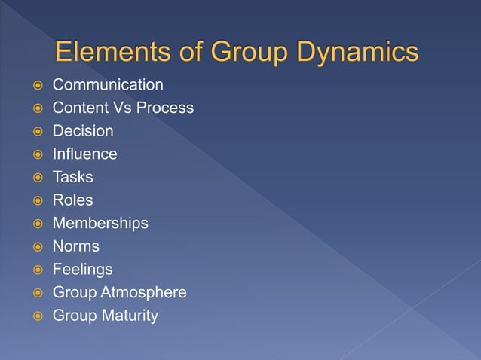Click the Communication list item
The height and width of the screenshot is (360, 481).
tap(108, 84)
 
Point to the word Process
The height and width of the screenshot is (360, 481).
tap(164, 108)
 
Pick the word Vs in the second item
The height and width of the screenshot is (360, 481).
tap(121, 108)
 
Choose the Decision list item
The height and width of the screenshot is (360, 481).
tap(83, 131)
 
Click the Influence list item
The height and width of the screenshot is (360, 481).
tap(84, 154)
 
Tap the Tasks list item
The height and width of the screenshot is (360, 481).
tap(73, 177)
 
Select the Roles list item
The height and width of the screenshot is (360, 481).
tap(72, 200)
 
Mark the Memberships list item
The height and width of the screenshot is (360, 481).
tap(100, 223)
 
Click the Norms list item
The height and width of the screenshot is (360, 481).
tap(75, 246)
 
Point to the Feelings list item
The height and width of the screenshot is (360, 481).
tap(82, 269)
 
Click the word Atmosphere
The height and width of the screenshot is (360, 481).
tap(145, 292)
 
